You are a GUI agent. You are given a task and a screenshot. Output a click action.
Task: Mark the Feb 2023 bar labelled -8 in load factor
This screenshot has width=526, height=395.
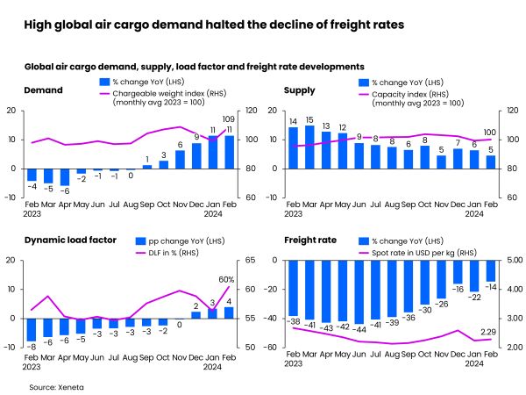pos(32,329)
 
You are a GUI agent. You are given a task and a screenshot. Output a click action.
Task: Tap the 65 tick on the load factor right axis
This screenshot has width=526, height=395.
pos(249,261)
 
